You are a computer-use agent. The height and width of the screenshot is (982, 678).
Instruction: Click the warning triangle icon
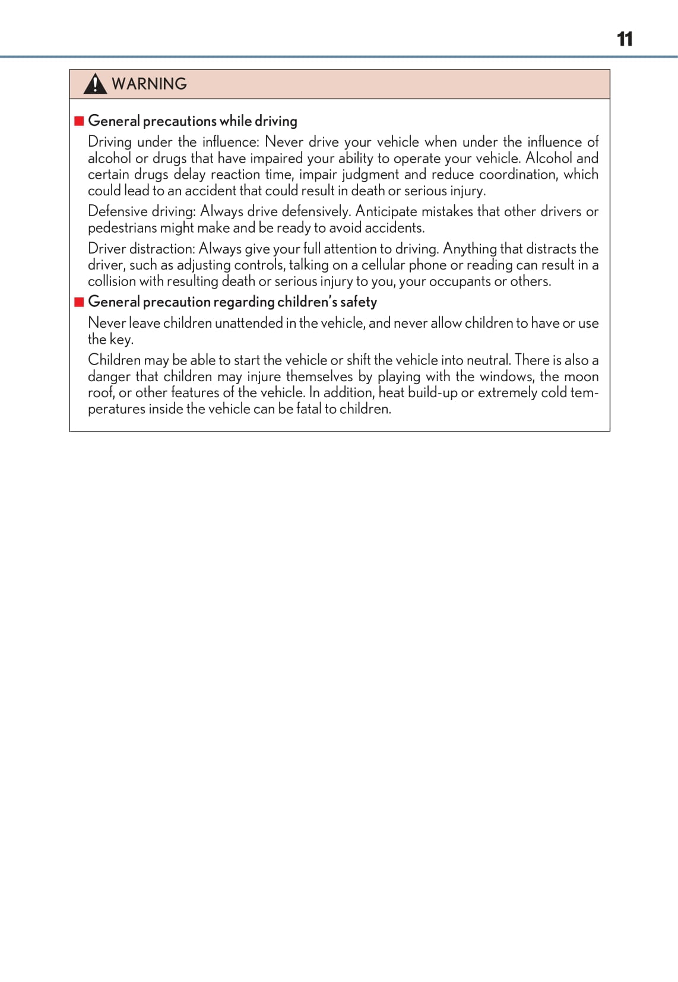click(x=95, y=84)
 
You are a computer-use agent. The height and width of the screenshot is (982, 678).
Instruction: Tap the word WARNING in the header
click(x=149, y=84)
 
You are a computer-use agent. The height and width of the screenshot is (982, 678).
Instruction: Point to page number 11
click(x=625, y=39)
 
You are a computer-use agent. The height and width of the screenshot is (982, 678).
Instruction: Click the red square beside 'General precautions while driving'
click(x=79, y=121)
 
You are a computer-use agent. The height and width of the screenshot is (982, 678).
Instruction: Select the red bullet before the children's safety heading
click(x=79, y=302)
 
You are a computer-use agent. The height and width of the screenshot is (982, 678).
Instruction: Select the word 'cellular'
click(x=382, y=265)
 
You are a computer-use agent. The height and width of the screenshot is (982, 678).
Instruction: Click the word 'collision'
click(x=112, y=281)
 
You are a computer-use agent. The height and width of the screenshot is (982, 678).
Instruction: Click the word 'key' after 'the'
click(x=121, y=340)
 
